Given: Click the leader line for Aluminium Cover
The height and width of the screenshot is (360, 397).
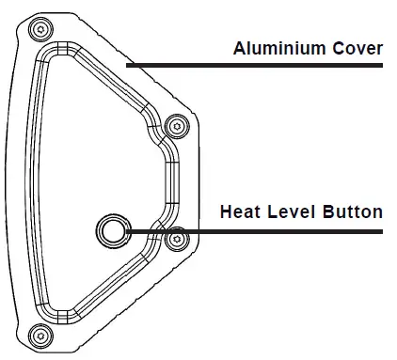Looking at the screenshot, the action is [x=254, y=65].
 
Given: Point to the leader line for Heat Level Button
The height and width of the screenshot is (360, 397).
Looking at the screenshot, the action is [x=254, y=228].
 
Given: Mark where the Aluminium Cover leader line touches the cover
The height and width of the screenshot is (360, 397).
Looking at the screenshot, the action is [x=128, y=65].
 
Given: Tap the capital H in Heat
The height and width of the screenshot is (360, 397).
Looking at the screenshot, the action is [x=226, y=211].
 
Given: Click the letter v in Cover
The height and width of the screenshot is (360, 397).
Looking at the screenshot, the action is [x=362, y=49].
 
